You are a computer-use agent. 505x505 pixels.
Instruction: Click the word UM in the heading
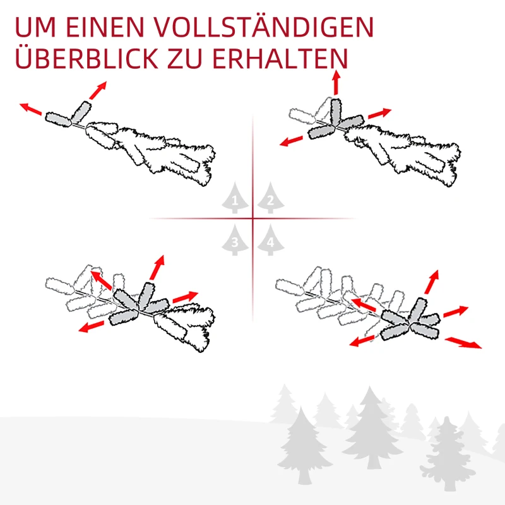tap(32, 28)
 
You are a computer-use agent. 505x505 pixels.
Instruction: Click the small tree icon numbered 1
tap(235, 199)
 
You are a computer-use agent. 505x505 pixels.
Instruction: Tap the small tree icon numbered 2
tap(270, 199)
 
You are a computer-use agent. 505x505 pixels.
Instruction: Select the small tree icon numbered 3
tap(235, 240)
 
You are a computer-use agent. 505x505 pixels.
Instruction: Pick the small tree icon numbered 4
tap(270, 240)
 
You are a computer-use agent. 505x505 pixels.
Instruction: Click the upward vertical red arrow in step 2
tap(336, 83)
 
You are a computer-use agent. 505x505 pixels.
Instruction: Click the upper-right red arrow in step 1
tap(97, 90)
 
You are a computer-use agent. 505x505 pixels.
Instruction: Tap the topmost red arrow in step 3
tap(156, 268)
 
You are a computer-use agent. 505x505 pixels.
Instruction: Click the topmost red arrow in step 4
tap(431, 282)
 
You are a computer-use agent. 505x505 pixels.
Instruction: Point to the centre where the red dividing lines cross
tap(253, 218)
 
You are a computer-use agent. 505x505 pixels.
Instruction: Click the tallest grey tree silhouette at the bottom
tap(371, 429)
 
